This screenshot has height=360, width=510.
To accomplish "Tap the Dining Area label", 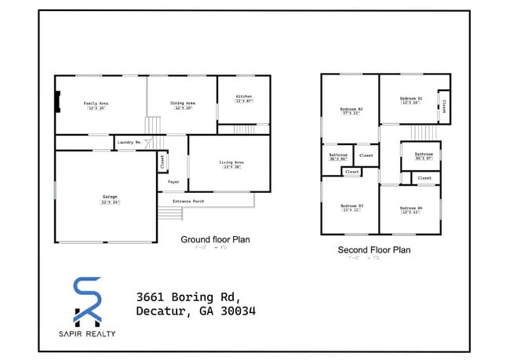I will pos(183,103).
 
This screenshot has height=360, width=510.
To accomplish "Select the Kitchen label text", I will pos(243,96).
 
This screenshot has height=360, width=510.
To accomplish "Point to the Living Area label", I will pos(231,162).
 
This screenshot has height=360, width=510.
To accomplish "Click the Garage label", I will pos(110,197).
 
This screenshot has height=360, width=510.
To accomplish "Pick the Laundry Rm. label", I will pos(129,142).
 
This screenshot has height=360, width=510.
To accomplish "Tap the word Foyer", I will pos(173,182).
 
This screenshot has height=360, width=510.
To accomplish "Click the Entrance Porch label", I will pos(188,201).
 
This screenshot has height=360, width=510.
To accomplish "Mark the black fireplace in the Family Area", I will pos(57,103).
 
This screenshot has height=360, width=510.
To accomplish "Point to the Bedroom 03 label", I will pos(351,205).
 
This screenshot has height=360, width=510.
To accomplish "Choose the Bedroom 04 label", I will pos(412,207).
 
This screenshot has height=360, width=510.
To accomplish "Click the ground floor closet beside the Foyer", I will pos(162,162).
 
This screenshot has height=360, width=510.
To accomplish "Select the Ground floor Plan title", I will pos(215,239).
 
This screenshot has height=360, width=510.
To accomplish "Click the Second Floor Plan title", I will pos(374,250).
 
